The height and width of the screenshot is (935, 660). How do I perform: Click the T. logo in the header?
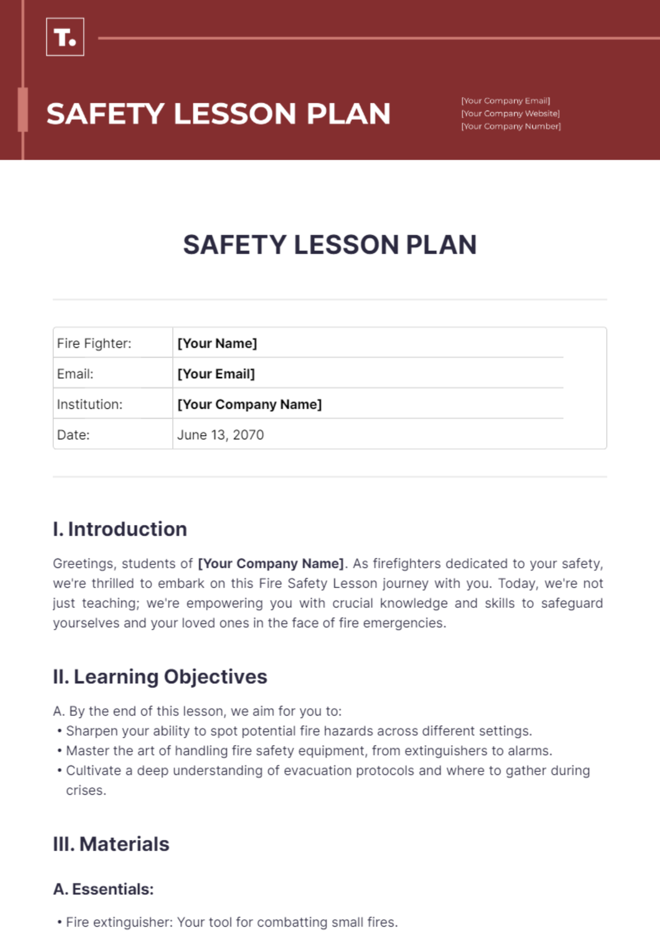65,37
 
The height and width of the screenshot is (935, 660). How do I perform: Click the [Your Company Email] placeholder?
505,101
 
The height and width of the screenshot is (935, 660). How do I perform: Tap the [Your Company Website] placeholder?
510,113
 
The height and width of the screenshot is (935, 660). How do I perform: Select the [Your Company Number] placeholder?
511,126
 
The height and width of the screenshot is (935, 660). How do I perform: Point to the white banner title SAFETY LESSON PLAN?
218,114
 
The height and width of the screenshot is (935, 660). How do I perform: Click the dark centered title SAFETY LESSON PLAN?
329,245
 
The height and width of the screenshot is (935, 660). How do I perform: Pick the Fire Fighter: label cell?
94,344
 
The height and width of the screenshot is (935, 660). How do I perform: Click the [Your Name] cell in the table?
217,344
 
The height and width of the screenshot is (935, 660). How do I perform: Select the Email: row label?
75,374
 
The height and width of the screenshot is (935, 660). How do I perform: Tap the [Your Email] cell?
216,374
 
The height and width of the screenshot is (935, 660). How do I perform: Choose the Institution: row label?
90,405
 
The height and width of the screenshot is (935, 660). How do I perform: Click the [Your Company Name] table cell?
249,405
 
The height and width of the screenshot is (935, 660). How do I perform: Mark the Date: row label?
73,435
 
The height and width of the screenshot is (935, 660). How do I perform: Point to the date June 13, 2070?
220,435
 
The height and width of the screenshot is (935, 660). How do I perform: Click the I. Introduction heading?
120,529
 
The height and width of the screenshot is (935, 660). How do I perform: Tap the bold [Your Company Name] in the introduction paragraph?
271,563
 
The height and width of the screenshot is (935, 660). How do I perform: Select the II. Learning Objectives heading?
159,677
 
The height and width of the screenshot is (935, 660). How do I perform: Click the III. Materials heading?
111,844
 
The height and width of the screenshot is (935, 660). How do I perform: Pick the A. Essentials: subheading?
103,889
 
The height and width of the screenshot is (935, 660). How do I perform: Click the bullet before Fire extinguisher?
59,922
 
